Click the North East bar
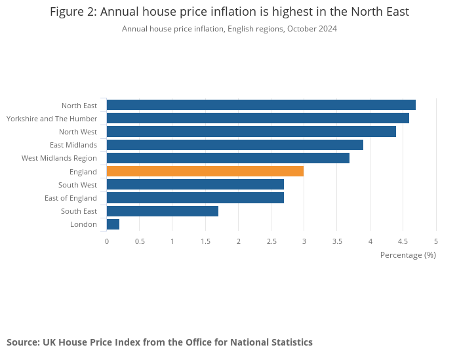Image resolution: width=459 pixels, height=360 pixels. [x=261, y=105]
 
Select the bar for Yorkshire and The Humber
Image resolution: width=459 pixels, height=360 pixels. [x=258, y=118]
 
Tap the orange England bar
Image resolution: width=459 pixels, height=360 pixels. [x=205, y=171]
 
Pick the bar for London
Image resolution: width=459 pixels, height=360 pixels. [x=113, y=224]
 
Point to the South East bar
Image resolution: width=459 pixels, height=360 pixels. [x=162, y=211]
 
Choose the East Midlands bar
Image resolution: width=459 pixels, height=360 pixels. [x=235, y=145]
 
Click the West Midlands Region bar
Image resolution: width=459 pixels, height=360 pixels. [x=228, y=158]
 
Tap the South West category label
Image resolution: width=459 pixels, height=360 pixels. [x=77, y=185]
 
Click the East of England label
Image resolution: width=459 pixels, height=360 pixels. [x=71, y=198]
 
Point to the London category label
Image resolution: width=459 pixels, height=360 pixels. [x=83, y=224]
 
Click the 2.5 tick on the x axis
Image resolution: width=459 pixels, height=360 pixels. [x=271, y=241]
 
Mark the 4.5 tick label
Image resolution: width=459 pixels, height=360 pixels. [x=403, y=241]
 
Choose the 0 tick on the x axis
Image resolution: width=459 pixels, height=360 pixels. [x=107, y=241]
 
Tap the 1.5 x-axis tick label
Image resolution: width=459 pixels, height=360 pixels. [x=205, y=241]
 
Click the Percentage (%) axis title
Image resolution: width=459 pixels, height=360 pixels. [x=408, y=254]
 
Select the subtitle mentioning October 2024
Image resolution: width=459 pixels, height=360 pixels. [x=229, y=29]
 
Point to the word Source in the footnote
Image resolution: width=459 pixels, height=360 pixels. [x=22, y=342]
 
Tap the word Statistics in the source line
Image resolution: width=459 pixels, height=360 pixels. [x=290, y=342]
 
